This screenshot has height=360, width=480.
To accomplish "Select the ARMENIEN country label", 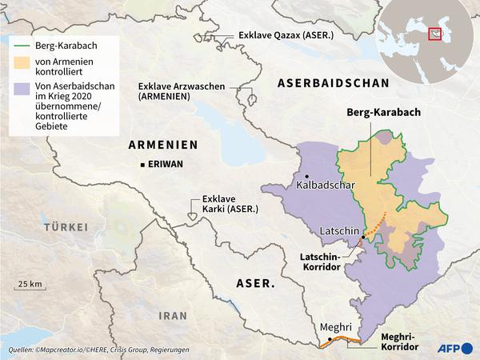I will pos(162,144).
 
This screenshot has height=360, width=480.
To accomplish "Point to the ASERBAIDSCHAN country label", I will pos(332,83).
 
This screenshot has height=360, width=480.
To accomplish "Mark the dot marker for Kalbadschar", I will pos(306,176).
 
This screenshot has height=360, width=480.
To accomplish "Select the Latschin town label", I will pos(340,230).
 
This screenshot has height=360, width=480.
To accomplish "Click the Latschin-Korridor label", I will pos(326,262).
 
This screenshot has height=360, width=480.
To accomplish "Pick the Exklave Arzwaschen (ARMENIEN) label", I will pos(176,90).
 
